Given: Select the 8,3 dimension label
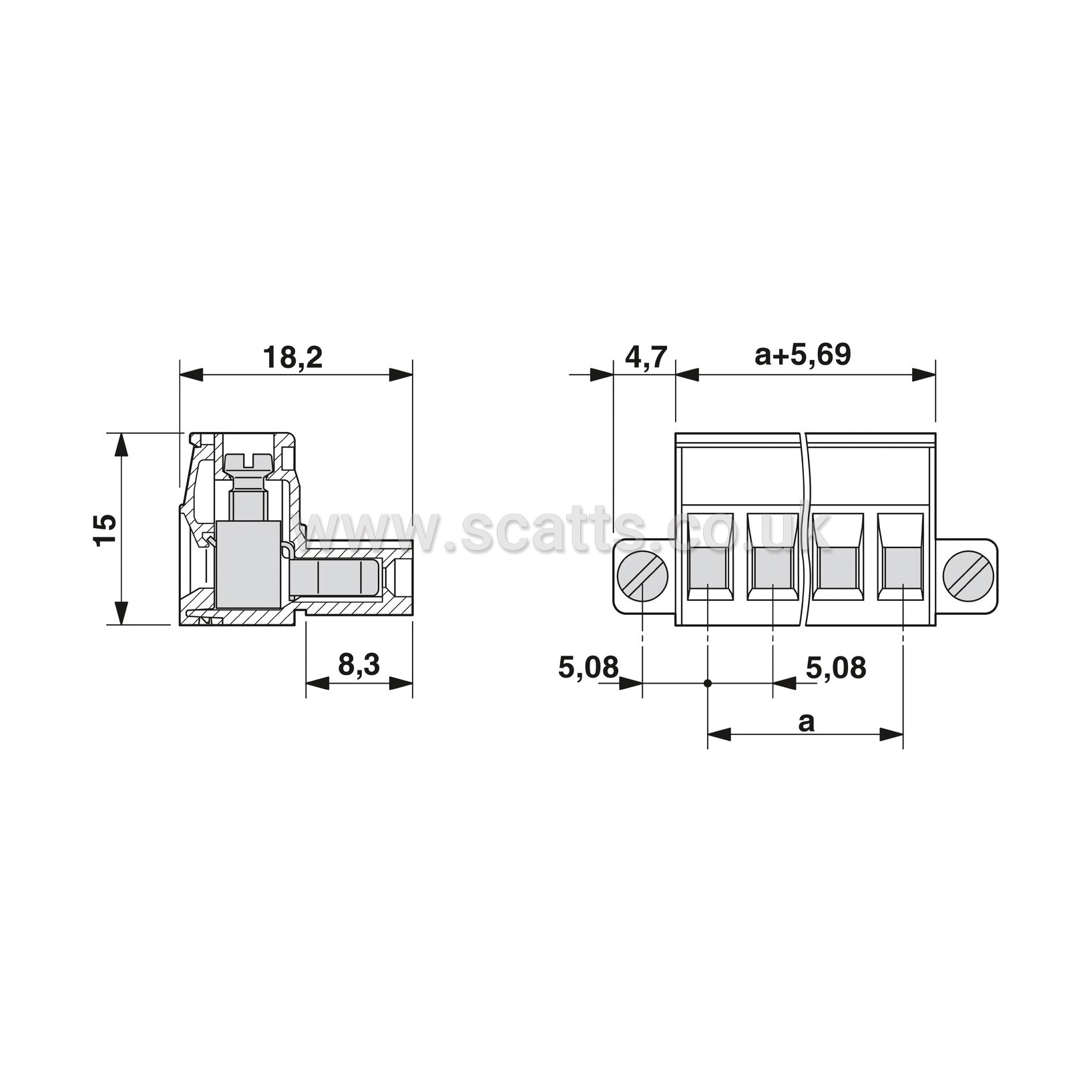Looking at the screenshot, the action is (359, 665).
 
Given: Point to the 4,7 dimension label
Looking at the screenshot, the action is (646, 358).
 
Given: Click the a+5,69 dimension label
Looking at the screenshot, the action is (803, 355).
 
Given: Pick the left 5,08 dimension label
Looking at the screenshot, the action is (589, 667).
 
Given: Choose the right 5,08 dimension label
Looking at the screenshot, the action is (836, 667).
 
